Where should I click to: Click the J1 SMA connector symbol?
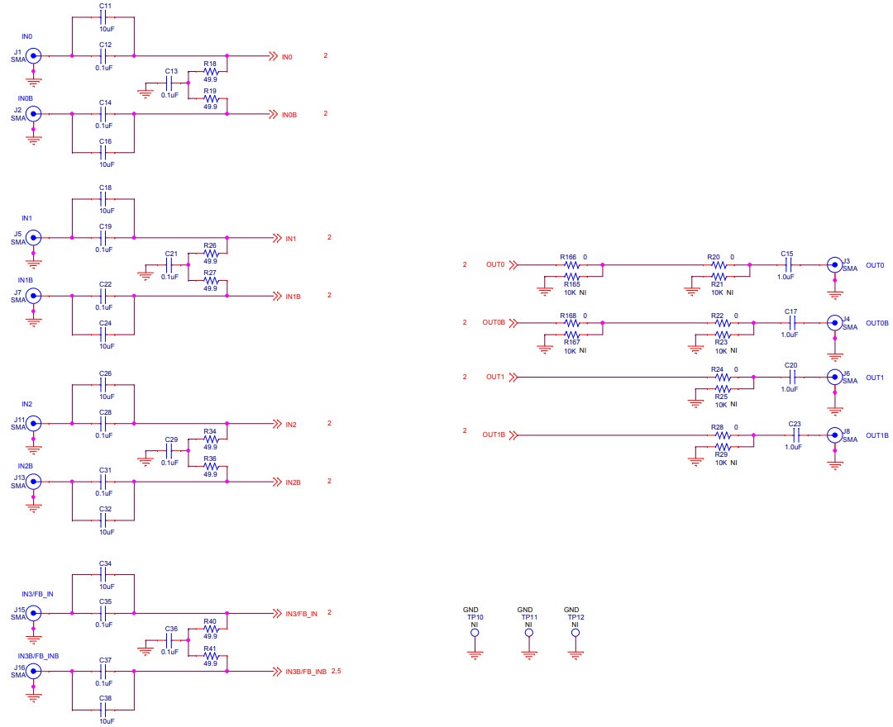[34, 56]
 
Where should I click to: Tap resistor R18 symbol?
[210, 72]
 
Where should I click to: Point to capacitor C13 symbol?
[171, 83]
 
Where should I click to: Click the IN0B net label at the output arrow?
[289, 114]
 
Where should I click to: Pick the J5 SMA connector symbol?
[34, 238]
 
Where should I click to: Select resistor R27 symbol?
[210, 281]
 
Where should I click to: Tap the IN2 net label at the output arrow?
[291, 425]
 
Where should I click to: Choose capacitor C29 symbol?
[171, 451]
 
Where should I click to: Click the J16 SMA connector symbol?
[34, 671]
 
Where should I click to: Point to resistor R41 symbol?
[210, 656]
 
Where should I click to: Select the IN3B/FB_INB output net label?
[306, 672]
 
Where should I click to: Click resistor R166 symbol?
[571, 265]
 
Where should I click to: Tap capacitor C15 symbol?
[787, 265]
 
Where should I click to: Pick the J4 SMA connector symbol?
[834, 322]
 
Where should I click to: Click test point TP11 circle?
[529, 634]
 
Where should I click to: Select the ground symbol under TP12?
[575, 654]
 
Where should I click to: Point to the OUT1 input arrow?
[513, 378]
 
